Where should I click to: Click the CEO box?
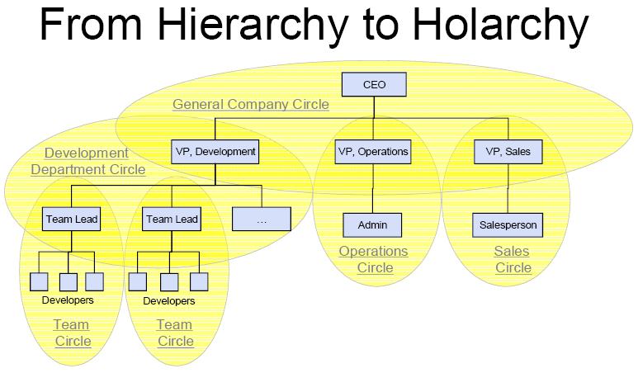pyautogui.click(x=374, y=85)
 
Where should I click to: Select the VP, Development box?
pyautogui.click(x=215, y=152)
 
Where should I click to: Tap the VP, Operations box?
pyautogui.click(x=373, y=152)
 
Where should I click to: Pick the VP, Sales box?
pyautogui.click(x=508, y=152)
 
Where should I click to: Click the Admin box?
pyautogui.click(x=372, y=225)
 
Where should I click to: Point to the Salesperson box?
pyautogui.click(x=508, y=225)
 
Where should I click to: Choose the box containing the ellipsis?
pyautogui.click(x=262, y=220)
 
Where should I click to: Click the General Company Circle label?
pyautogui.click(x=251, y=105)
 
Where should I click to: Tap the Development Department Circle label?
pyautogui.click(x=87, y=162)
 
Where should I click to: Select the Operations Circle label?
pyautogui.click(x=374, y=259)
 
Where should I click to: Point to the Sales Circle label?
pyautogui.click(x=513, y=259)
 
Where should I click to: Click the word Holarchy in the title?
pyautogui.click(x=500, y=25)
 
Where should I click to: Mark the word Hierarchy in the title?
pyautogui.click(x=253, y=25)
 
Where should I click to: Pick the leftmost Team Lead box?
pyautogui.click(x=71, y=220)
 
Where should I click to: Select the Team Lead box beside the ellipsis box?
pyautogui.click(x=172, y=220)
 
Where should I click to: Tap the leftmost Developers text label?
pyautogui.click(x=68, y=300)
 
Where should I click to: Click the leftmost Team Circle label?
pyautogui.click(x=73, y=333)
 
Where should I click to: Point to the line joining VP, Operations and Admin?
pyautogui.click(x=373, y=189)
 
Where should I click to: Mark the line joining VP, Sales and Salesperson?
pyautogui.click(x=508, y=189)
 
